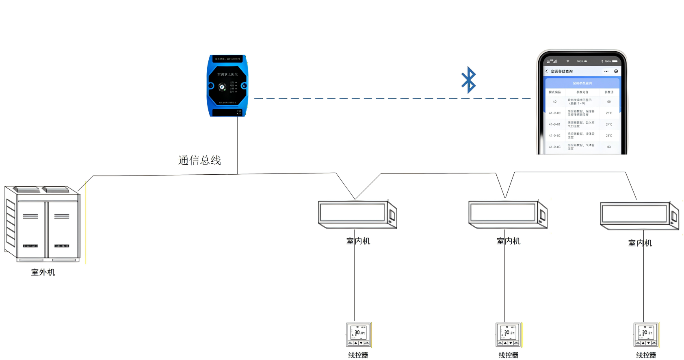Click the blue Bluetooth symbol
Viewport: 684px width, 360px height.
(x=468, y=80)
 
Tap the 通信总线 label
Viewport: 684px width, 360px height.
(x=199, y=160)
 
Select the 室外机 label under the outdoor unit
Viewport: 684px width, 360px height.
(x=43, y=272)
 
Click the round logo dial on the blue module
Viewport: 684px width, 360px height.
(x=222, y=87)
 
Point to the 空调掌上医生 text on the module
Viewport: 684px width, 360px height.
(x=227, y=74)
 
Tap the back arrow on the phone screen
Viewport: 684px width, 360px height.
(x=547, y=72)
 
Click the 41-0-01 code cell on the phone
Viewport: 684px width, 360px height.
(x=554, y=124)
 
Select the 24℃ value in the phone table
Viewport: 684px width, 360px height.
(x=609, y=124)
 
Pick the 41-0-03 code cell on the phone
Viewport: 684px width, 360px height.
(x=554, y=147)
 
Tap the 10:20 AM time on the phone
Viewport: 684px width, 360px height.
(x=582, y=61)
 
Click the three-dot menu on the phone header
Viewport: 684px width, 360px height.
(x=606, y=72)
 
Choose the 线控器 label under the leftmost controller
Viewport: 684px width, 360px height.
(x=358, y=355)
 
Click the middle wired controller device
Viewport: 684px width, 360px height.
(x=508, y=335)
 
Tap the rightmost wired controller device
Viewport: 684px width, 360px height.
(x=646, y=335)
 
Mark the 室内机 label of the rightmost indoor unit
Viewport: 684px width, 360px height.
(x=640, y=243)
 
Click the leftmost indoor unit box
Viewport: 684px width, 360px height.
(x=357, y=214)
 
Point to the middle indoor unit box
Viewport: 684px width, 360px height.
(x=507, y=214)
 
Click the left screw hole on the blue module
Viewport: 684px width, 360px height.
(x=211, y=86)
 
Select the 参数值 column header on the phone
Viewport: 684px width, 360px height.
(x=609, y=92)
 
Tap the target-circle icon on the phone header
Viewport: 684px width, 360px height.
(x=616, y=72)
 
